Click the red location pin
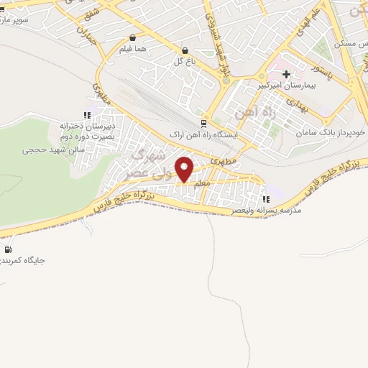coord(185,169)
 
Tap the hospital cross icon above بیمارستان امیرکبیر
coord(286,74)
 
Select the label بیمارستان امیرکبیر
coord(286,86)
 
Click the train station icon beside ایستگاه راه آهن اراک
coord(203,124)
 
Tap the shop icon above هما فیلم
coord(132,38)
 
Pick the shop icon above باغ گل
coord(185,50)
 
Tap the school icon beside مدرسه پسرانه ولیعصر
coord(267,199)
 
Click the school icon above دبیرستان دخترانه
coord(86,114)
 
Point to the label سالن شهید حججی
coord(53,149)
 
